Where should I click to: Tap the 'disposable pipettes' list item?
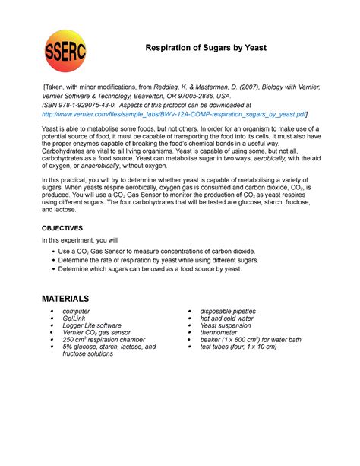pos(228,312)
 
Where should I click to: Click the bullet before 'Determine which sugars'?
pos(52,270)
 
